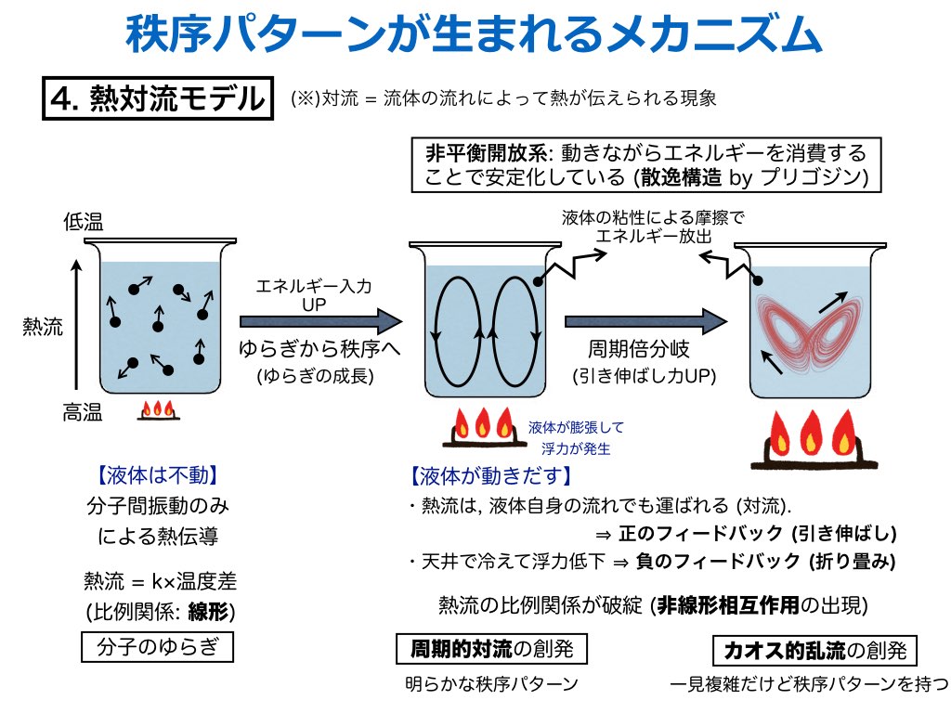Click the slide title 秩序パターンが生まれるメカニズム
point(474,33)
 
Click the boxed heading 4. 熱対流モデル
point(158,98)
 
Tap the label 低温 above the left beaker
point(83,222)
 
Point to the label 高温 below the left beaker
point(83,413)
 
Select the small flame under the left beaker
point(158,410)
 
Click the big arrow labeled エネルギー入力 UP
point(320,321)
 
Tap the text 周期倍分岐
point(639,349)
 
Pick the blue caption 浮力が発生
point(576,448)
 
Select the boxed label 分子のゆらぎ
point(157,647)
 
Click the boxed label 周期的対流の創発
point(491,649)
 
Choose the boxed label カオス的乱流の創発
point(814,651)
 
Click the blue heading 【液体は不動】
point(157,474)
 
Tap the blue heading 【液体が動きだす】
point(491,476)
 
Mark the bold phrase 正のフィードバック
point(700,534)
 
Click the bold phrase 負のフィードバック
point(718,562)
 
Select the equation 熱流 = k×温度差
point(160,581)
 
